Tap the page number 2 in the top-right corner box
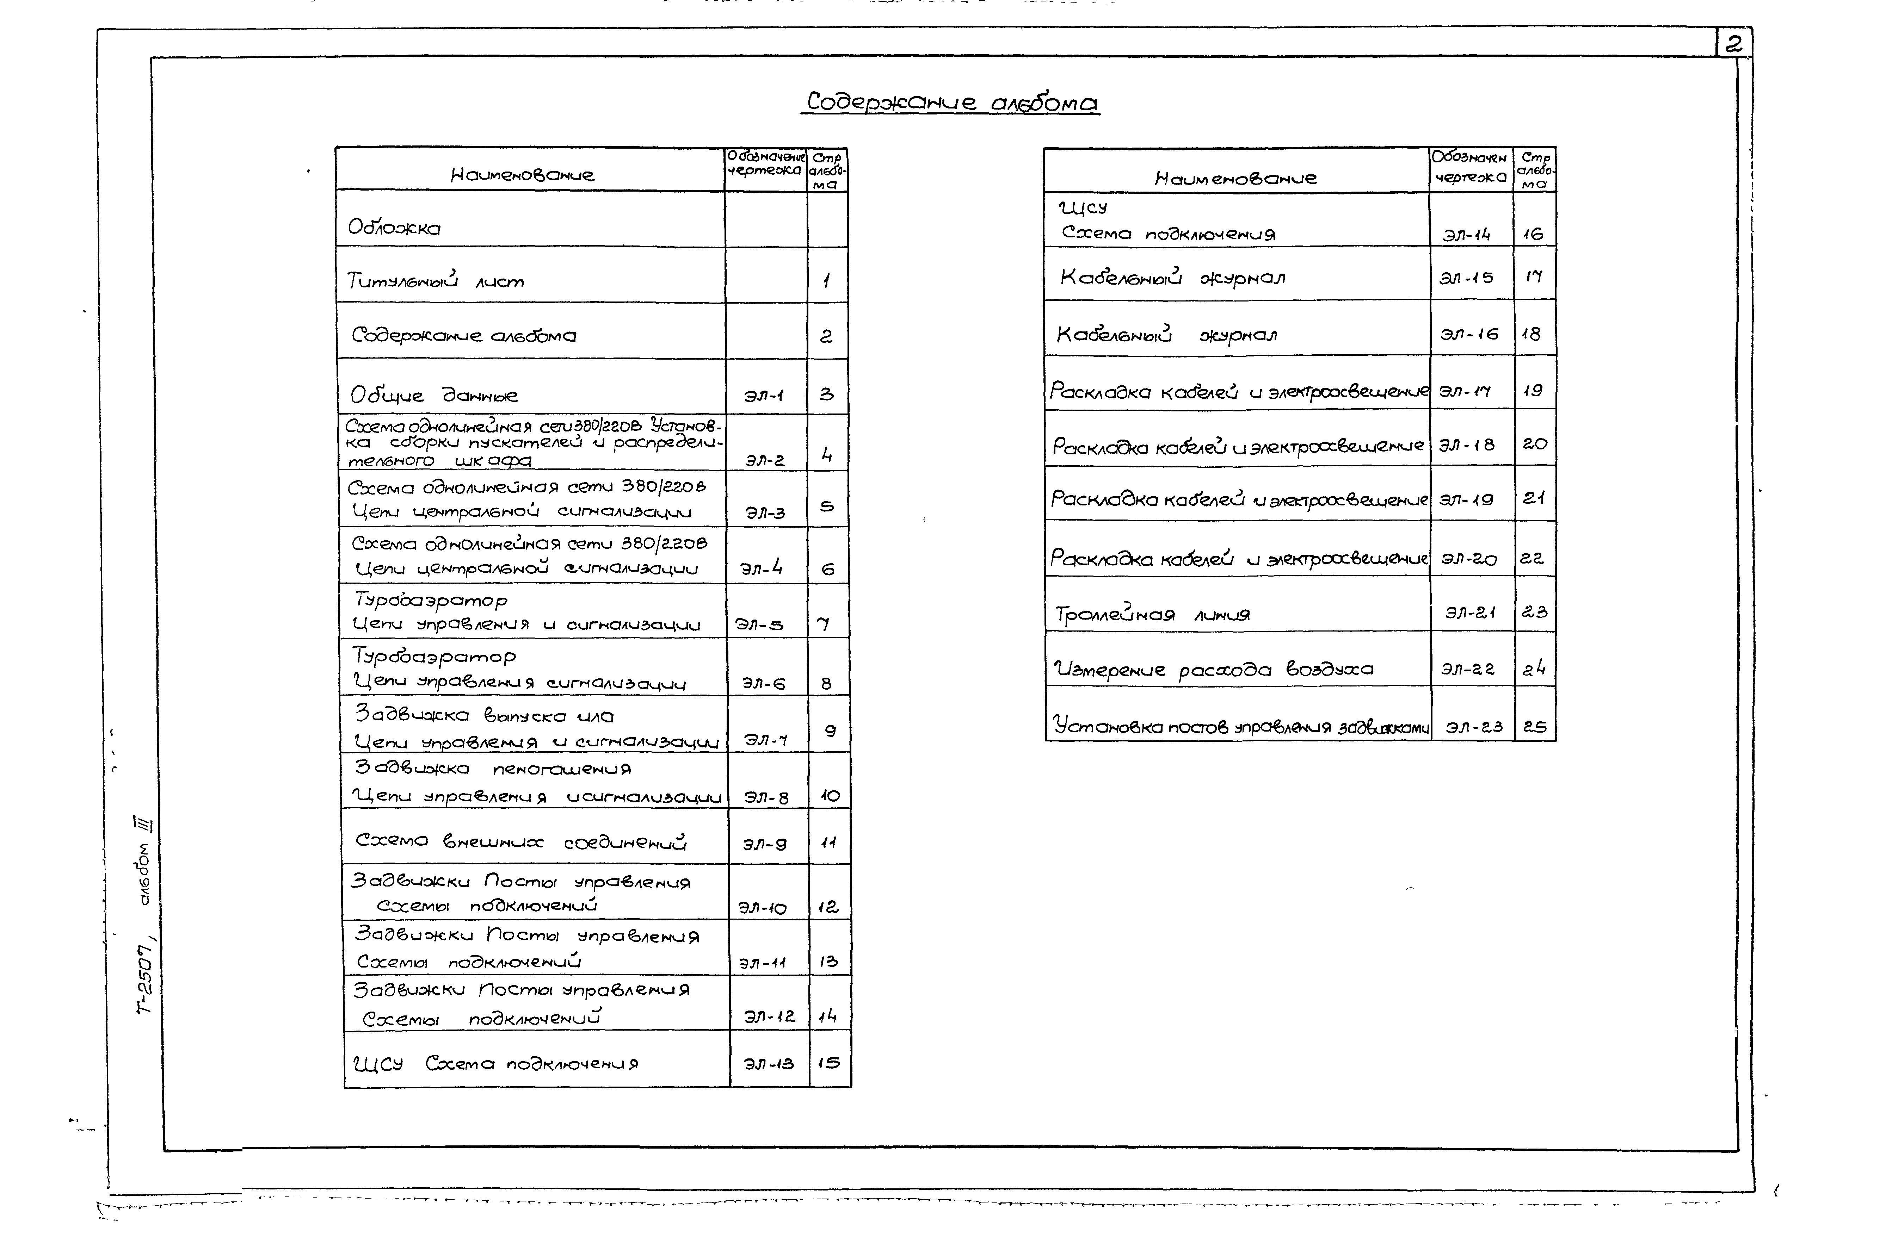(x=1733, y=44)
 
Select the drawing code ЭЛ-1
(x=764, y=395)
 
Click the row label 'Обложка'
(x=394, y=228)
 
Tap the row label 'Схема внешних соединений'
(x=521, y=841)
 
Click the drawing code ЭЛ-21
(x=1470, y=612)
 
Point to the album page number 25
(x=1534, y=727)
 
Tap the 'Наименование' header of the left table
(x=522, y=175)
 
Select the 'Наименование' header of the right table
(x=1235, y=178)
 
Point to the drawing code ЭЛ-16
(x=1468, y=334)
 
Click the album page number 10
(x=829, y=795)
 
